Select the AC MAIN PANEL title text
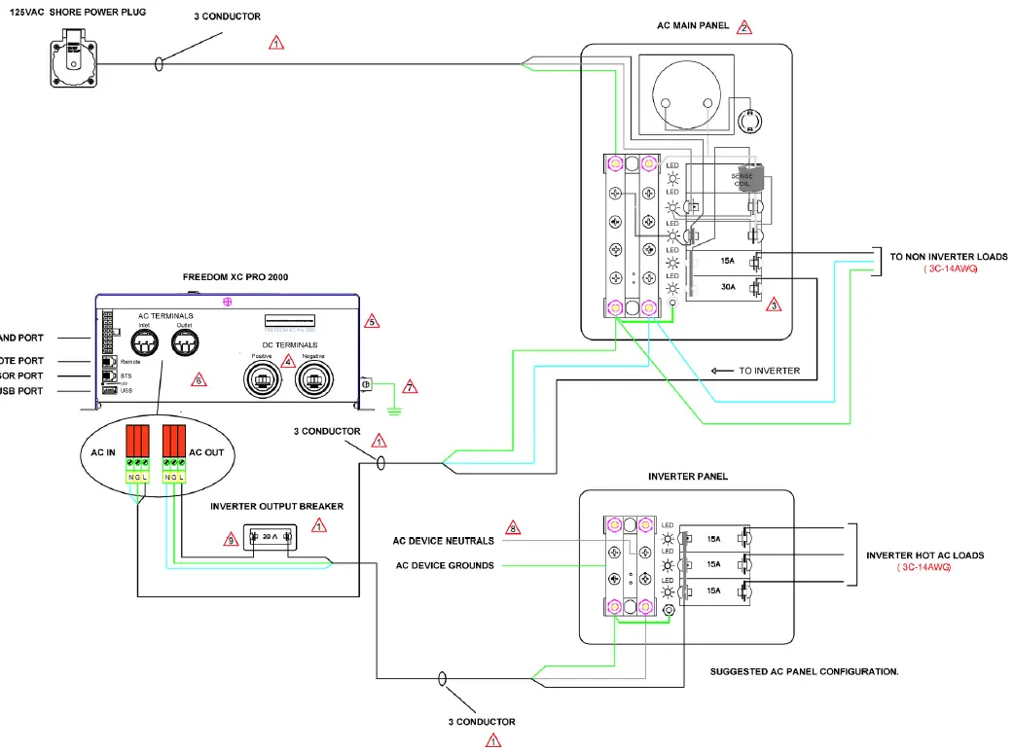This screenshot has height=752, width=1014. point(694,26)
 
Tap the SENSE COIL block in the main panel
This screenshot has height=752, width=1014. point(749,181)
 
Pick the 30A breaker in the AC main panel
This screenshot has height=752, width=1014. point(727,287)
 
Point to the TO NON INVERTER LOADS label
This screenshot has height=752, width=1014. point(949,257)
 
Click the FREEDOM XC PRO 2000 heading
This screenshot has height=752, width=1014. point(235,277)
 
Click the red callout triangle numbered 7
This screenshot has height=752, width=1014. point(410,387)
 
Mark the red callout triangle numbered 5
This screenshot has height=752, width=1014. point(370,321)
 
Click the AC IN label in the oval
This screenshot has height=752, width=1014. point(104,453)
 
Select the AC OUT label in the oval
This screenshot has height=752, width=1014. point(207,453)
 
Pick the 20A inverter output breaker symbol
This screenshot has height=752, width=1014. point(268,537)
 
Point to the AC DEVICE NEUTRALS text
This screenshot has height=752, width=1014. point(443,541)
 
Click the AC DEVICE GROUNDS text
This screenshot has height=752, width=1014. point(444,565)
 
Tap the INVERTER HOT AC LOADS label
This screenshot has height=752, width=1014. point(924,555)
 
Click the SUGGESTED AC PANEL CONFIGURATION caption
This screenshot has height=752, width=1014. point(804,671)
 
